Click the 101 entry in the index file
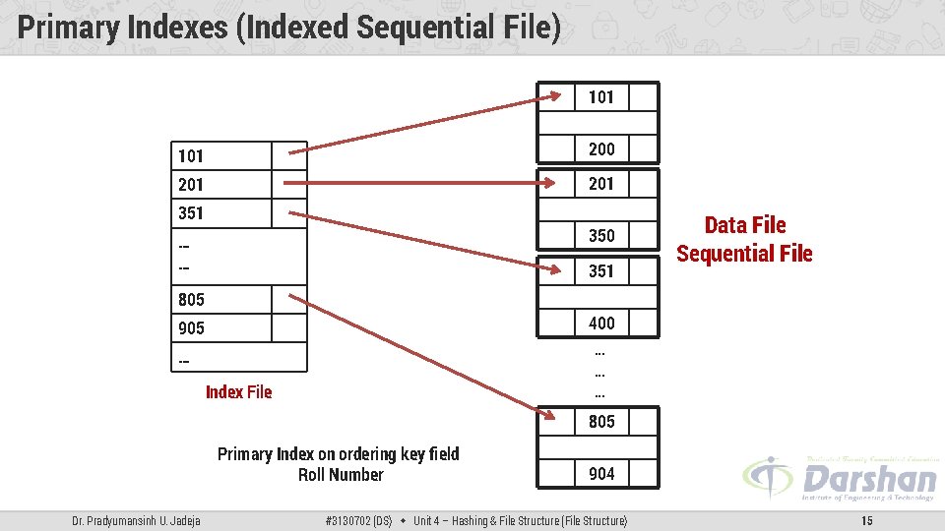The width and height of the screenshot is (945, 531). (191, 155)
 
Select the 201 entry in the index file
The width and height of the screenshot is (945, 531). (191, 184)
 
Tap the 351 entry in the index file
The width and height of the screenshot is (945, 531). (191, 212)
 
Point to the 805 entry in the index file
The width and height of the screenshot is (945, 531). (191, 299)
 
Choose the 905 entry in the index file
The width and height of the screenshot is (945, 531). (191, 327)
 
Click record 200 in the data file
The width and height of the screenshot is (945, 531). (601, 148)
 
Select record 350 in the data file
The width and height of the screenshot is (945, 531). (601, 235)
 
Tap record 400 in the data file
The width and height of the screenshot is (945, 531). (601, 323)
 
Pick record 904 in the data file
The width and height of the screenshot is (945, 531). (601, 473)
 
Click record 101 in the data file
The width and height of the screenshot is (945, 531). (601, 96)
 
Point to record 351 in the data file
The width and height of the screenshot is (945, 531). (601, 270)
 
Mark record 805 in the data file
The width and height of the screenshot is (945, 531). (601, 421)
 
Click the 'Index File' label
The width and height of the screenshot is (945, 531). (238, 392)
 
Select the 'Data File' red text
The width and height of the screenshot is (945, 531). (744, 225)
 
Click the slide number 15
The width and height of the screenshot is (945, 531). (866, 520)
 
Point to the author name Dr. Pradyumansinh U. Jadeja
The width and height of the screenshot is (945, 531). (136, 520)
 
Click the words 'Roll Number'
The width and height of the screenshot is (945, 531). (341, 475)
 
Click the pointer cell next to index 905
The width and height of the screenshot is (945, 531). (288, 327)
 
